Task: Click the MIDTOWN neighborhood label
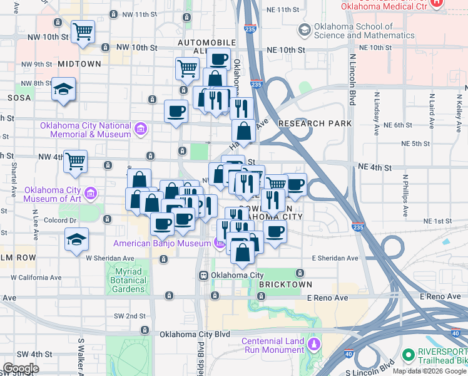(x=79, y=65)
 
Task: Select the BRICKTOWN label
(x=285, y=285)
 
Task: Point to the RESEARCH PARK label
(x=315, y=123)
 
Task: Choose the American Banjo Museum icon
(x=219, y=243)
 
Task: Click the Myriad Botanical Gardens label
(x=129, y=280)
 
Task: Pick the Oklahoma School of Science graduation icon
(x=304, y=30)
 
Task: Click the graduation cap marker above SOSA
(x=64, y=90)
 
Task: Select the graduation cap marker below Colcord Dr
(x=76, y=239)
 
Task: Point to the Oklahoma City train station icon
(x=203, y=275)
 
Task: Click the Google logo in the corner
(x=21, y=368)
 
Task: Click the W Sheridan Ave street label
(x=110, y=258)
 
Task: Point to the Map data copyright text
(x=429, y=371)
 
